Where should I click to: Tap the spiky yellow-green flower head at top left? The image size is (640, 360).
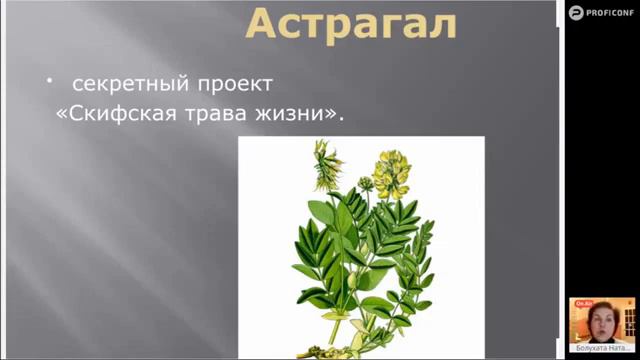point(326,166)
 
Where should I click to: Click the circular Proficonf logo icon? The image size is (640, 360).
point(576,12)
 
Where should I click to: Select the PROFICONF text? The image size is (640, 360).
point(612,12)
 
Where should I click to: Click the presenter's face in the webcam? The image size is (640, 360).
point(600,322)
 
